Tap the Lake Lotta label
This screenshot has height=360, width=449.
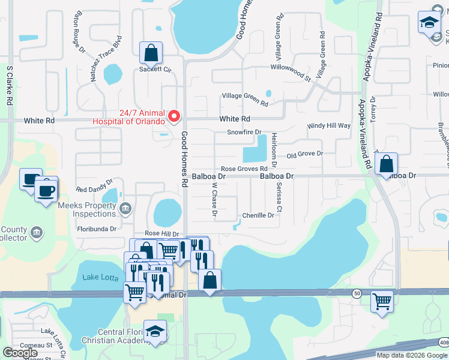[99, 277]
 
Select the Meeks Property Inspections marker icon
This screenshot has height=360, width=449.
[125, 208]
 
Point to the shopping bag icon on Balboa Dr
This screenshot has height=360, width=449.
[387, 164]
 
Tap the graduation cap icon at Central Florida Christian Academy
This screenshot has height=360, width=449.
[155, 331]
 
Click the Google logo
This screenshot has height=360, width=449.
[20, 353]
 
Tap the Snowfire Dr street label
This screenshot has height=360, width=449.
[244, 132]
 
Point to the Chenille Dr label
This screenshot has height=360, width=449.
[258, 215]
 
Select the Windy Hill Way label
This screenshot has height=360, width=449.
[328, 125]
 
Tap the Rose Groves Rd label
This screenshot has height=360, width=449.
[244, 169]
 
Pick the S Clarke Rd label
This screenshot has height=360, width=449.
[10, 85]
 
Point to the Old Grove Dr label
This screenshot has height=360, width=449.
[305, 154]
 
